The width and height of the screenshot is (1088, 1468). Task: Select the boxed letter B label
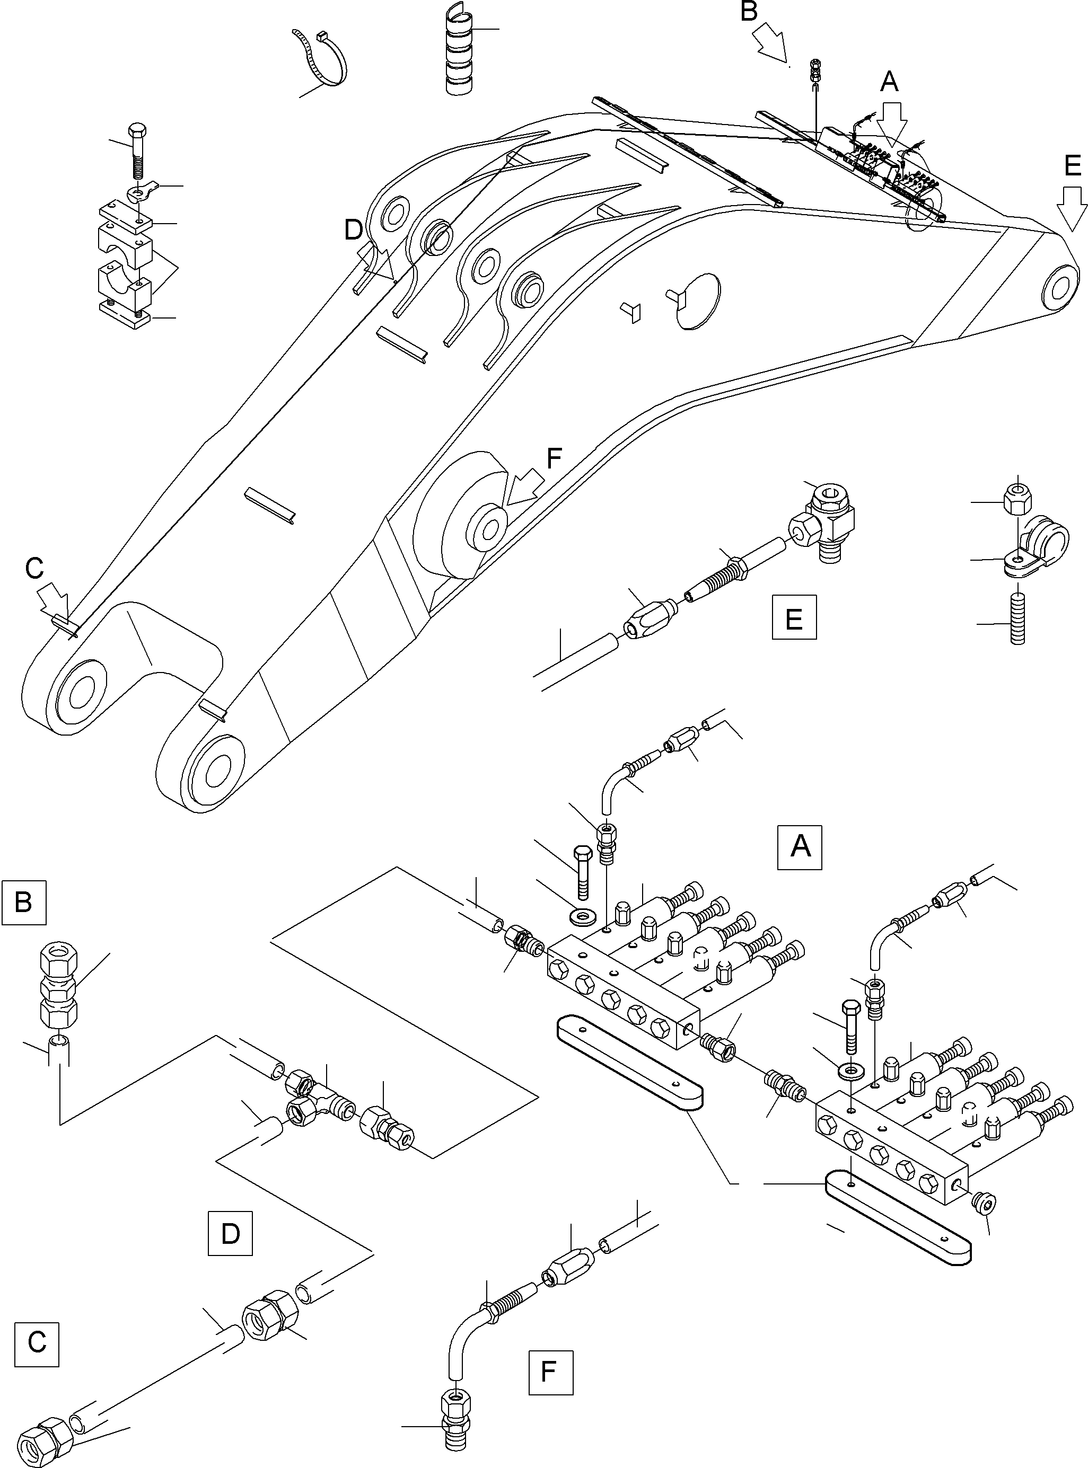pos(24,902)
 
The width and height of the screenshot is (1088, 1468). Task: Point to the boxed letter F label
pos(550,1373)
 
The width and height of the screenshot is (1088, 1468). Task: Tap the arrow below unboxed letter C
pos(56,600)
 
